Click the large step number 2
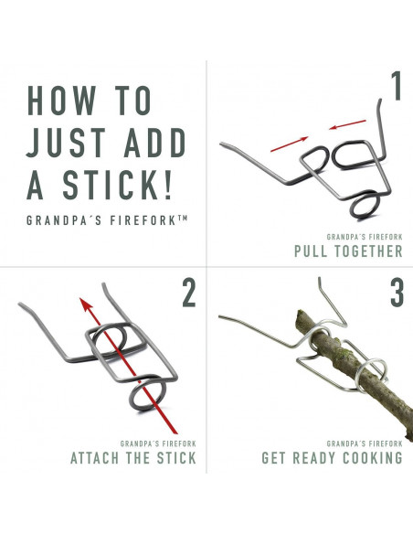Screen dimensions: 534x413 (x=188, y=294)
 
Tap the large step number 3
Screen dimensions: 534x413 (x=395, y=294)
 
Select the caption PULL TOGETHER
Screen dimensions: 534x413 (x=347, y=251)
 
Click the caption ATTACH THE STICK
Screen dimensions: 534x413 (x=133, y=457)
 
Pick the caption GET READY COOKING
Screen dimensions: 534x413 (x=332, y=457)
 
